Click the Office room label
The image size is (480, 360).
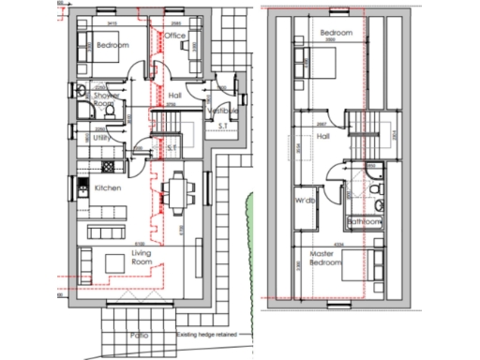(x=175, y=36)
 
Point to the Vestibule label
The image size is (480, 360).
(x=222, y=111)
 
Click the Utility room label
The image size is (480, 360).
(x=101, y=137)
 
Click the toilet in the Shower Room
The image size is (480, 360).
(x=111, y=111)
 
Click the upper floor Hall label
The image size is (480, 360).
(x=323, y=137)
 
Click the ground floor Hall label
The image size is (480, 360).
(x=174, y=95)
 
